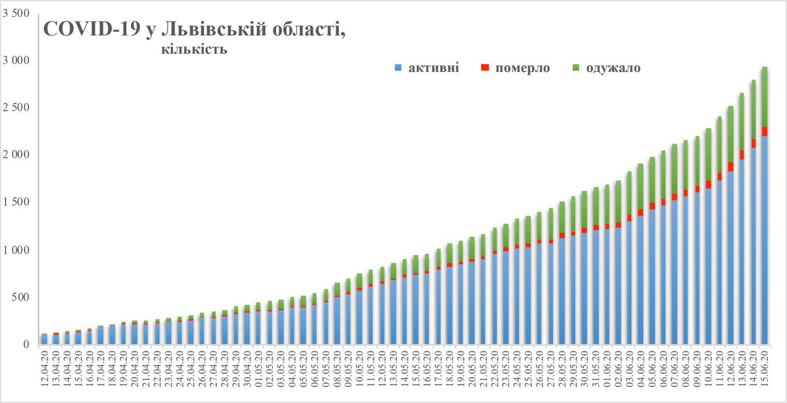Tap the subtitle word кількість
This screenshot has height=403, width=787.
coord(194,49)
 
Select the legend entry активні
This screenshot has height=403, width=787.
coord(433,67)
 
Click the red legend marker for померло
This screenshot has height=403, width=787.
coord(485,67)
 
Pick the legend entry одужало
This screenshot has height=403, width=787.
coord(613,67)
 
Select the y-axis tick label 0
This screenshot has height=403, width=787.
coord(26,344)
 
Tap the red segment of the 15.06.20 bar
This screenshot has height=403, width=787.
coord(765,131)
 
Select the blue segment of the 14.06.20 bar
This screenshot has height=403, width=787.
coord(754,246)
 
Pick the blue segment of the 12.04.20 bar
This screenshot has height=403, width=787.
coord(45,340)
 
